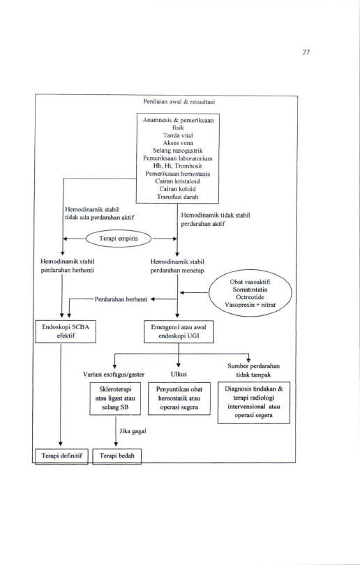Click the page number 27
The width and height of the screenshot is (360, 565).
pyautogui.click(x=306, y=52)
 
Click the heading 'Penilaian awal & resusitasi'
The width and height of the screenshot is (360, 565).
pyautogui.click(x=179, y=102)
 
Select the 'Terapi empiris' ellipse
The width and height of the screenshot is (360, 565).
pyautogui.click(x=119, y=238)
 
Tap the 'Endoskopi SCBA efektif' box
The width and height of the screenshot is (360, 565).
pyautogui.click(x=66, y=331)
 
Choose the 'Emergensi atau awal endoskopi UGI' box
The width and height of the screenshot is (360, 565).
pyautogui.click(x=179, y=331)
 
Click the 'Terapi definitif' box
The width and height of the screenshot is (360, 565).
pyautogui.click(x=61, y=455)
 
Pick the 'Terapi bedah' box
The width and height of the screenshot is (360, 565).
pyautogui.click(x=117, y=455)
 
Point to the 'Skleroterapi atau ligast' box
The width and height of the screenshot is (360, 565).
pyautogui.click(x=115, y=398)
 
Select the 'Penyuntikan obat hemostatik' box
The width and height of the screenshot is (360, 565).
pyautogui.click(x=179, y=398)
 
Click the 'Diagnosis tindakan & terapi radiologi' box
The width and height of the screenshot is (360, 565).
pyautogui.click(x=254, y=402)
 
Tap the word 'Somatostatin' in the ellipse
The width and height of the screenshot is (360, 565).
pyautogui.click(x=250, y=289)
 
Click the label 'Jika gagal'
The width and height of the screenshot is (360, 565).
pyautogui.click(x=133, y=431)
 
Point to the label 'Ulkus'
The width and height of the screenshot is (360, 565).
pyautogui.click(x=179, y=374)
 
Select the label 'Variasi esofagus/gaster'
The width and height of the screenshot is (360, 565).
pyautogui.click(x=114, y=375)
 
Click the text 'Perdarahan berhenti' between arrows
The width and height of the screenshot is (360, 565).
pyautogui.click(x=121, y=299)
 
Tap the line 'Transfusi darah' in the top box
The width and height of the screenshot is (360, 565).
pyautogui.click(x=177, y=197)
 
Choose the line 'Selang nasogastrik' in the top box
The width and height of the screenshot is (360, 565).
pyautogui.click(x=178, y=151)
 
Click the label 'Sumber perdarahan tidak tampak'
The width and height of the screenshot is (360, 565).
pyautogui.click(x=253, y=370)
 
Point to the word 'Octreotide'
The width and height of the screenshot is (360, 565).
pyautogui.click(x=250, y=297)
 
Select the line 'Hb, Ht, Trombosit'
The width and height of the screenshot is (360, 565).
pyautogui.click(x=178, y=166)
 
